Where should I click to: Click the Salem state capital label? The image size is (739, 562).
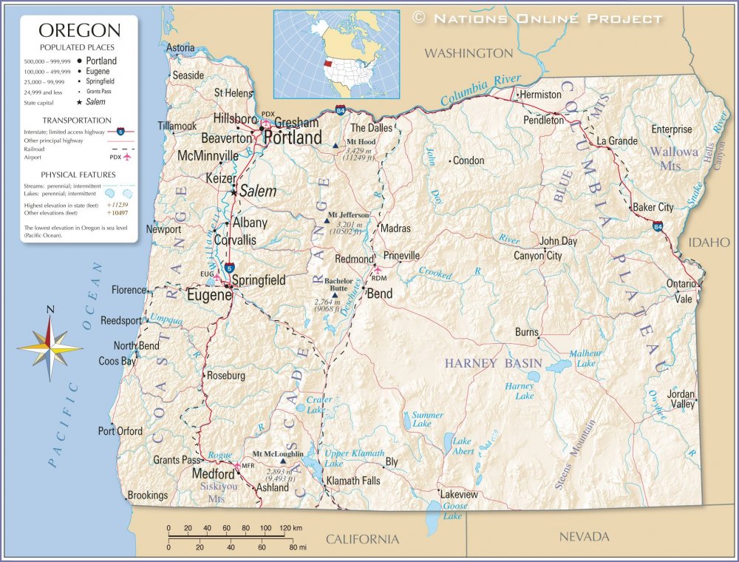258,192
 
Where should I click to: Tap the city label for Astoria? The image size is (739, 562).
180,48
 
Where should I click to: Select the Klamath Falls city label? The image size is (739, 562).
353,481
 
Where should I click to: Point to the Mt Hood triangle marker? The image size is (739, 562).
336,145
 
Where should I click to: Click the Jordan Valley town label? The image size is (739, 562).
681,399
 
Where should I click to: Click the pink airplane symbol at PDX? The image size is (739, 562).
265,123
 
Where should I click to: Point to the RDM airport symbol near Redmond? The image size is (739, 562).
378,269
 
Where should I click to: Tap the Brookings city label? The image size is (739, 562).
148,495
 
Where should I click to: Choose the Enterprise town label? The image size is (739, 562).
671,129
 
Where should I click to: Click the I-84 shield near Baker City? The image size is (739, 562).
657,226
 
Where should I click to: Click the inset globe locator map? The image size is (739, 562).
336,54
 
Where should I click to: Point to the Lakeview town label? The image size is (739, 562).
459,494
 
